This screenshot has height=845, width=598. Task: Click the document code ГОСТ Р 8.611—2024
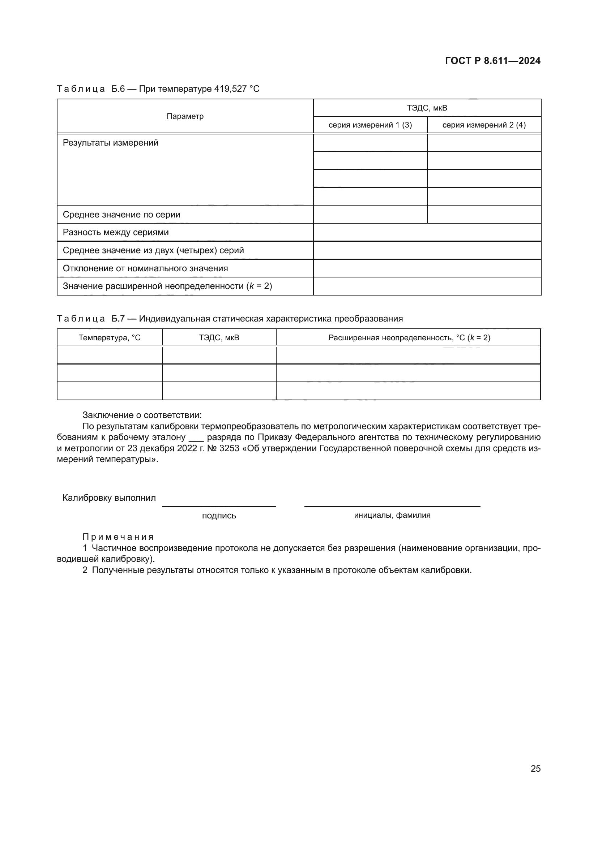[x=492, y=61]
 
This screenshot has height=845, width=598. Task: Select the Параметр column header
[x=185, y=116]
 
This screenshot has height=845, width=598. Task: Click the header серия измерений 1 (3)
[x=370, y=125]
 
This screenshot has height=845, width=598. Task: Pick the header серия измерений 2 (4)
[x=484, y=125]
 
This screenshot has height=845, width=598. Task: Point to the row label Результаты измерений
[x=111, y=143]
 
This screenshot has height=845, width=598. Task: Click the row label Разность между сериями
[x=116, y=233]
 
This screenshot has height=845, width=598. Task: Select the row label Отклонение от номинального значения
[x=145, y=269]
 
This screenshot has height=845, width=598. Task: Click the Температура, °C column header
[x=109, y=338]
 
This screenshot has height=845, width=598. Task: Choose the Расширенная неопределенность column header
[x=409, y=338]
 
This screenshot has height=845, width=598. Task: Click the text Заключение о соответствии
[x=142, y=415]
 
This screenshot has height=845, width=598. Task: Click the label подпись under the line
[x=219, y=516]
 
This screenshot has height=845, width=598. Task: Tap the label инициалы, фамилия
[x=392, y=515]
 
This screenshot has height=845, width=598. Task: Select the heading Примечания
[x=118, y=537]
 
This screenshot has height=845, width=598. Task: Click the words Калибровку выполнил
[x=109, y=498]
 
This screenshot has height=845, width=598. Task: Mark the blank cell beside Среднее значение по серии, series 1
[x=370, y=215]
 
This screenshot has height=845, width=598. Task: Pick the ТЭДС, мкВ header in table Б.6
[x=427, y=108]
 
